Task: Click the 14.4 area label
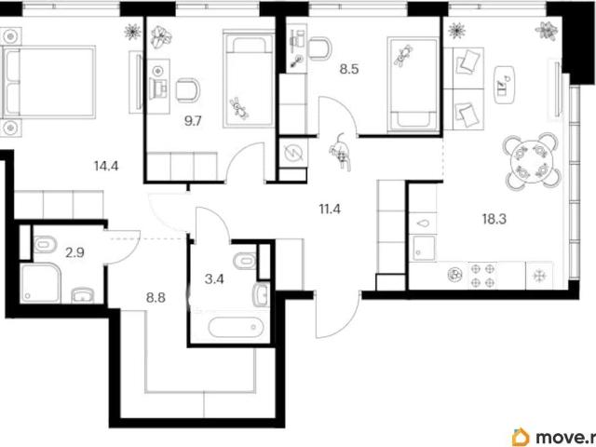click(106, 166)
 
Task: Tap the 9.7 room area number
click(193, 122)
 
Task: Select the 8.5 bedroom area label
click(349, 69)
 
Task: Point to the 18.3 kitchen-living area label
click(494, 219)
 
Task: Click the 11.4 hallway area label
click(330, 209)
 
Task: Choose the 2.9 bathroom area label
click(74, 252)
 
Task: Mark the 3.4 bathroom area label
click(214, 279)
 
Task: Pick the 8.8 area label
click(156, 297)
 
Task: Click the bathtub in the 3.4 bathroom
click(236, 327)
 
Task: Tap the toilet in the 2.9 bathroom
click(46, 244)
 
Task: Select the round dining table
click(532, 160)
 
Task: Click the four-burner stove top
click(483, 276)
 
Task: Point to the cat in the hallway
click(340, 152)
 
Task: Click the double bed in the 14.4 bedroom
click(48, 82)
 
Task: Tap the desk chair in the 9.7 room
click(188, 90)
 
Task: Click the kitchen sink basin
click(424, 249)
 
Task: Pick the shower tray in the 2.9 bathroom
click(40, 283)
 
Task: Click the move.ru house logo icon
click(521, 437)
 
